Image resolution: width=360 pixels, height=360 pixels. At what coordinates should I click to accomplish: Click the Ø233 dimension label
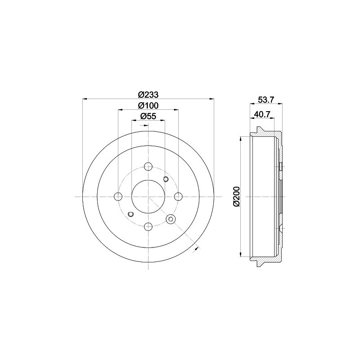click(x=148, y=95)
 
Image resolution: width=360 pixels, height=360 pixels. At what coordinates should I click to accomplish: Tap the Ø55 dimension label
click(x=148, y=116)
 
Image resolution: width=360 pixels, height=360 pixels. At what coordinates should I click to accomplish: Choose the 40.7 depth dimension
click(x=261, y=114)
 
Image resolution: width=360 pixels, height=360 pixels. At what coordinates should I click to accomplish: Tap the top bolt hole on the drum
click(x=148, y=166)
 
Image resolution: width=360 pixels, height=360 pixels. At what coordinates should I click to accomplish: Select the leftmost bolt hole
click(x=118, y=196)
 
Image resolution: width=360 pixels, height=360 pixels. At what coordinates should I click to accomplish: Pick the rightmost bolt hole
click(x=178, y=196)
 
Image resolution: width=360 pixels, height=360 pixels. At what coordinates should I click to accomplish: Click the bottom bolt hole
click(x=148, y=226)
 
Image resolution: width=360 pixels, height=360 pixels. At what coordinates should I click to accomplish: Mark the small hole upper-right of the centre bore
click(x=165, y=180)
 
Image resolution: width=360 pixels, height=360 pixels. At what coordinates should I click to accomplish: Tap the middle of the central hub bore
click(x=148, y=196)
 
